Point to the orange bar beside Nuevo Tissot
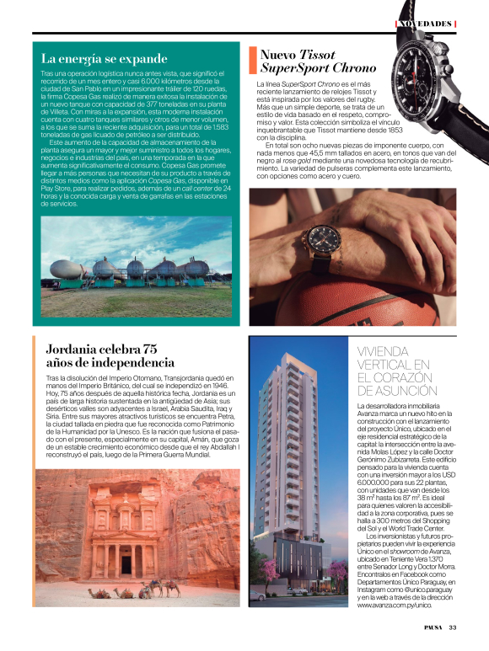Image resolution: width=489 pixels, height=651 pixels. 251,61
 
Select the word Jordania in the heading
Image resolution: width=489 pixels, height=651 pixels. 75,350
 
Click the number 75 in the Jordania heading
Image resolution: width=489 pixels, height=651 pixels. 151,350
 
